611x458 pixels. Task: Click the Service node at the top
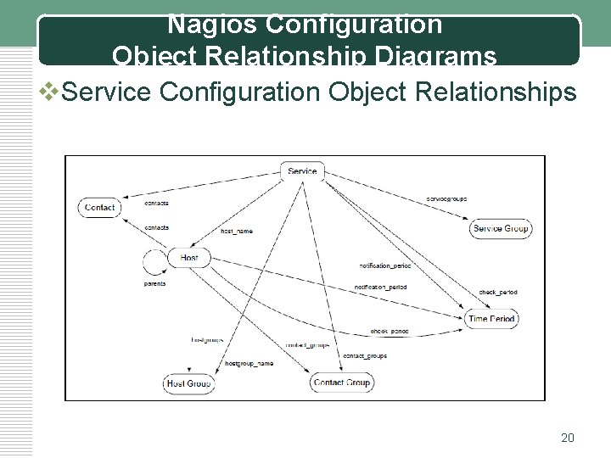[302, 171]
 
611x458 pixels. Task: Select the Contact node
[100, 207]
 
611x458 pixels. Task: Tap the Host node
[189, 257]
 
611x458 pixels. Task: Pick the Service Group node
[501, 228]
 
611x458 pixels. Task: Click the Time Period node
[491, 318]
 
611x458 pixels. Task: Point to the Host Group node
[188, 383]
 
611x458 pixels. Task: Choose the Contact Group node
[342, 383]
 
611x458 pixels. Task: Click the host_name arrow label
[237, 231]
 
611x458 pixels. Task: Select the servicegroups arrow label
[446, 198]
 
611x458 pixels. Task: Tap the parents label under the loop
[154, 284]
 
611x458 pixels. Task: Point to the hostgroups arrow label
[207, 339]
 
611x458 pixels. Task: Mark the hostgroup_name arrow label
[249, 363]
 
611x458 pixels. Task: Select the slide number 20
[568, 438]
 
